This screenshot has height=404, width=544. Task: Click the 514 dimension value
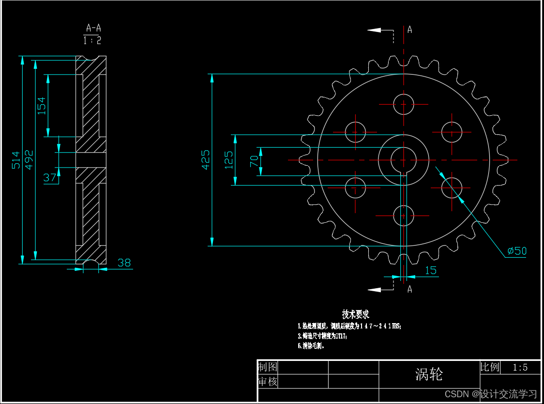[16, 160]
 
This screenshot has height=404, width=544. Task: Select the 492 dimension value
[29, 160]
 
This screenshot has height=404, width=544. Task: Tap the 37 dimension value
[50, 178]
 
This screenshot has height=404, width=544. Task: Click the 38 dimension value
[124, 263]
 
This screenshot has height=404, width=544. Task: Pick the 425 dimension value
[206, 159]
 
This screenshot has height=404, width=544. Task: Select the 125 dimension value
[229, 160]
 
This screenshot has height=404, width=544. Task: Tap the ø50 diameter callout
[517, 251]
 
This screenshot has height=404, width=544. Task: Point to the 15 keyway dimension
[431, 270]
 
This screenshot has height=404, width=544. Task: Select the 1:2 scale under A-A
[92, 41]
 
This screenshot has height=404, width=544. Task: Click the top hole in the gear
[404, 104]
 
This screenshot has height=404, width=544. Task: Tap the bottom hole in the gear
[404, 216]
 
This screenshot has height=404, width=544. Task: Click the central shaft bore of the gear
[404, 159]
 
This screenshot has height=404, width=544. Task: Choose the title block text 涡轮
[429, 374]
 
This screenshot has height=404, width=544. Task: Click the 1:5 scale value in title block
[520, 367]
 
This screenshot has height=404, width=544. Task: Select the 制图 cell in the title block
[267, 367]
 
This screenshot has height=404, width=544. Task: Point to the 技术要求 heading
[356, 314]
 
